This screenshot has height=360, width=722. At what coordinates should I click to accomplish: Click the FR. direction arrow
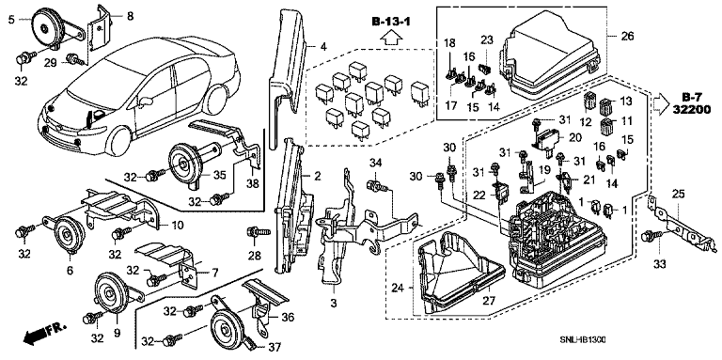click(45, 334)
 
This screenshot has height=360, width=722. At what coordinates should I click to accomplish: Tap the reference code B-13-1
click(391, 21)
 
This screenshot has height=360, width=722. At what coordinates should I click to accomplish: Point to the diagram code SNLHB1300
click(582, 340)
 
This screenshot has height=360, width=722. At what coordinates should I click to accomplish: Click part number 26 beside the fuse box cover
click(628, 36)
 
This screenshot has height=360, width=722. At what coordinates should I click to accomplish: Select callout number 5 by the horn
click(12, 20)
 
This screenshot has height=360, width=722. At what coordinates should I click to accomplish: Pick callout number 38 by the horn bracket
click(253, 184)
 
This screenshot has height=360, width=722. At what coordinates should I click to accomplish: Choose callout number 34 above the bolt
click(376, 162)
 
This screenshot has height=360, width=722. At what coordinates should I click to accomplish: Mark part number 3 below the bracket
click(334, 304)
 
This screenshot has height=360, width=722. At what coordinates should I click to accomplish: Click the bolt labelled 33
click(653, 237)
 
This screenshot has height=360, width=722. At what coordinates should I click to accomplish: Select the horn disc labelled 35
click(183, 161)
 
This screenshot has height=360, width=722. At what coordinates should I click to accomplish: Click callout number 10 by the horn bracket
click(178, 226)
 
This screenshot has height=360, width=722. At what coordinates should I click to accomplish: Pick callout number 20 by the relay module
click(575, 137)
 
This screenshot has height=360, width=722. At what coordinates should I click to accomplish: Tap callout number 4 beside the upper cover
click(323, 46)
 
